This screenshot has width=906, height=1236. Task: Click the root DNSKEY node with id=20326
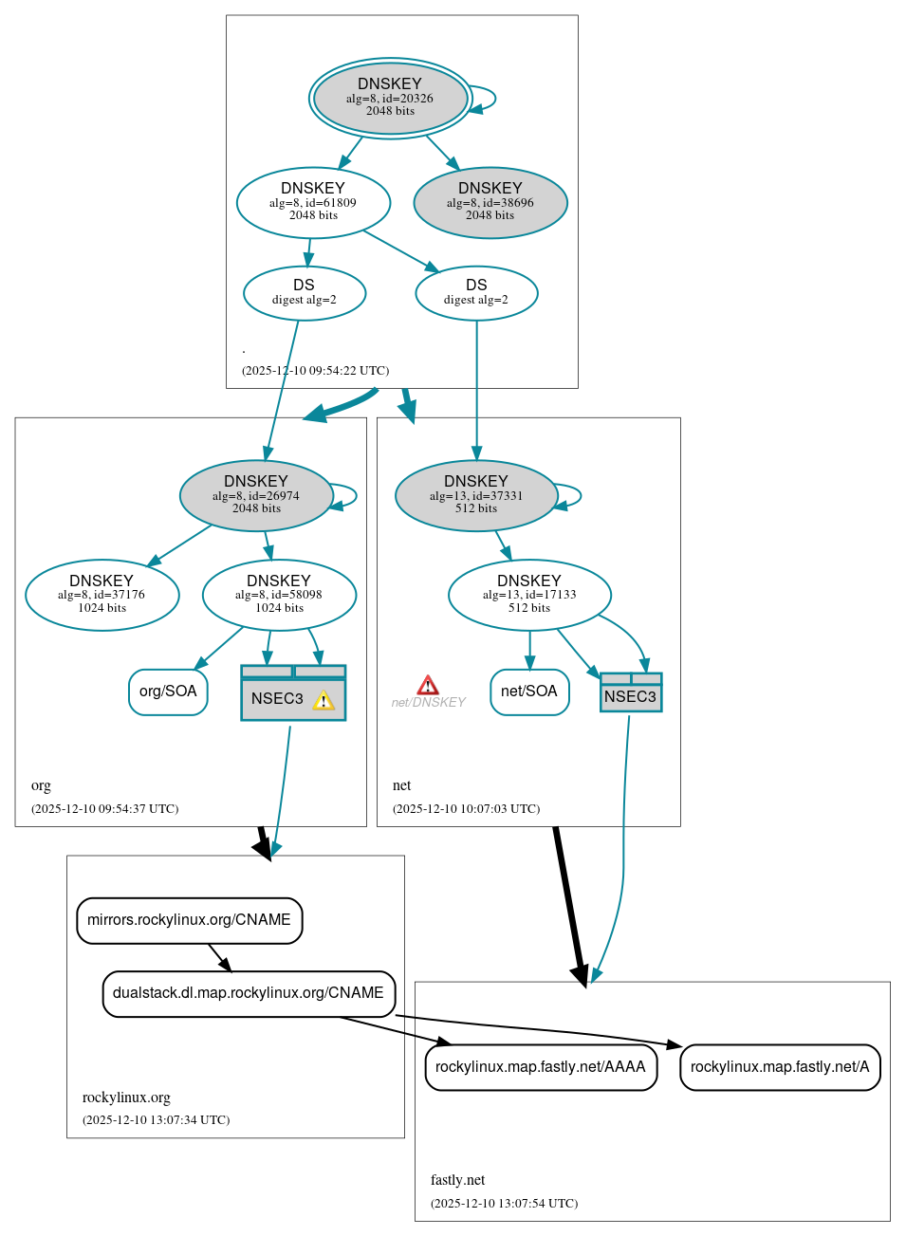[390, 98]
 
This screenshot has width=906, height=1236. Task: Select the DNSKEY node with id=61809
[313, 202]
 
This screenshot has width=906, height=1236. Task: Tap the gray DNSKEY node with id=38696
[490, 202]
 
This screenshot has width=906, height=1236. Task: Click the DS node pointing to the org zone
[305, 293]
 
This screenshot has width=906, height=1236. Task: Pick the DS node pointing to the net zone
[476, 293]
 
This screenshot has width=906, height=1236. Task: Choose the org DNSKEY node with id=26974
[256, 495]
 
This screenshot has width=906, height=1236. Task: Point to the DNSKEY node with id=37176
[102, 595]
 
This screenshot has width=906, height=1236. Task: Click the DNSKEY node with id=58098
[279, 595]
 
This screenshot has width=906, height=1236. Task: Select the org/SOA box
[168, 692]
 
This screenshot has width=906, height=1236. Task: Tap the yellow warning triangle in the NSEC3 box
[324, 701]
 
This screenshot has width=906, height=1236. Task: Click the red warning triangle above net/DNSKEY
[428, 685]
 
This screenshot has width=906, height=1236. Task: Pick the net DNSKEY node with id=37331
[476, 495]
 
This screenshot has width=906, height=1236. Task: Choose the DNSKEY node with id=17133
[529, 595]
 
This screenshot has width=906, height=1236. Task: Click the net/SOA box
[529, 692]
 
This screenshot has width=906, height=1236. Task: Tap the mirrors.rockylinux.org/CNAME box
[190, 920]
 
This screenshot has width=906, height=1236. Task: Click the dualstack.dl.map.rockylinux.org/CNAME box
[249, 993]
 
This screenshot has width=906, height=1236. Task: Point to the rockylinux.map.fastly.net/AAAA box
[541, 1067]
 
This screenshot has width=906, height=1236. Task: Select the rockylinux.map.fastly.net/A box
[780, 1067]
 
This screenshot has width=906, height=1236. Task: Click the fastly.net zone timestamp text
[504, 1203]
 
